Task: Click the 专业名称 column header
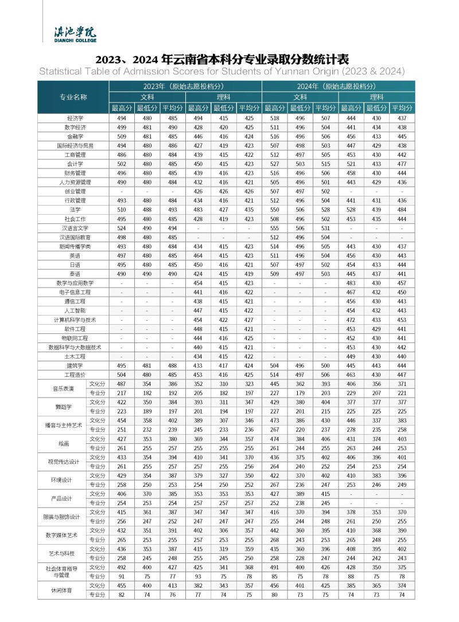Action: coord(73,97)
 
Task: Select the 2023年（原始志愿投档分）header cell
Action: coord(185,86)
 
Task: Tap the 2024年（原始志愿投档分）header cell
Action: coord(338,86)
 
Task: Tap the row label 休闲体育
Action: coord(62,590)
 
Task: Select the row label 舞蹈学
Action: coord(62,407)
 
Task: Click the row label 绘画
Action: coord(62,443)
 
